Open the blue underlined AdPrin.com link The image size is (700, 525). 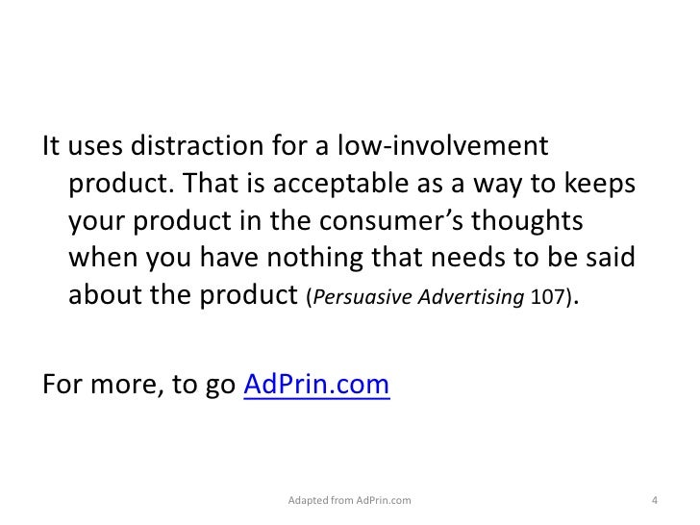pos(317,387)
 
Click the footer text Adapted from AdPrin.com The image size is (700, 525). pos(349,501)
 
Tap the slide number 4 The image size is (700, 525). pos(654,501)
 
